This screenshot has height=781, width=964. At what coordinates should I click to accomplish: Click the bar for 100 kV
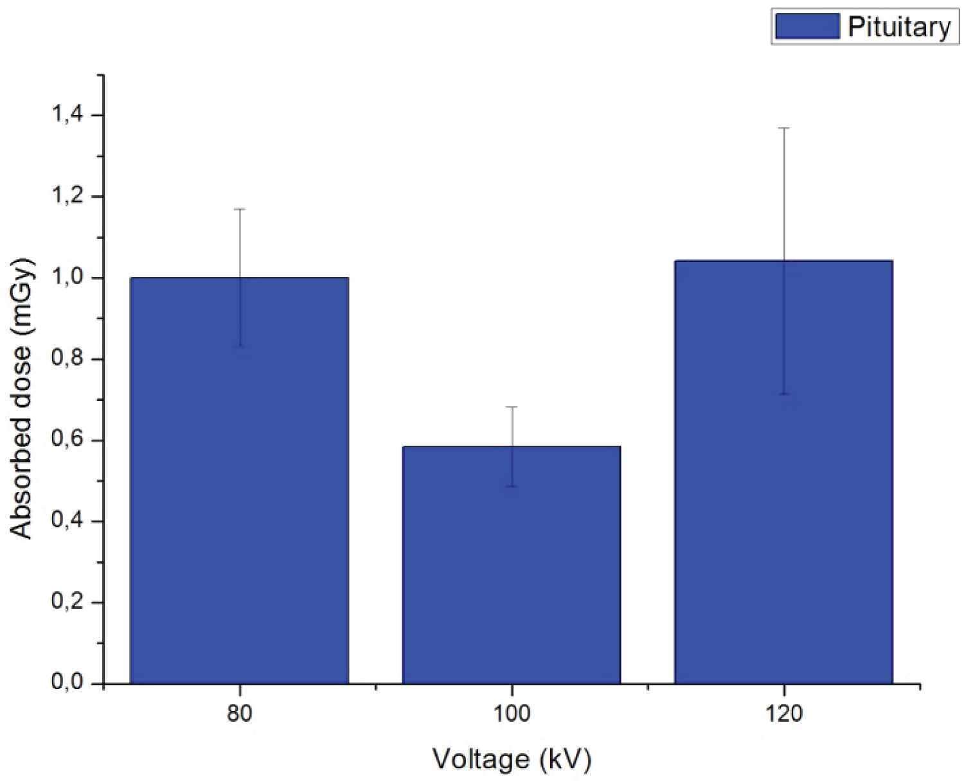coord(512,565)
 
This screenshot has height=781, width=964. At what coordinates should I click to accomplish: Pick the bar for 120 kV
coord(783,472)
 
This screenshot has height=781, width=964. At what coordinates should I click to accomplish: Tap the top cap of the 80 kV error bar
coord(240,209)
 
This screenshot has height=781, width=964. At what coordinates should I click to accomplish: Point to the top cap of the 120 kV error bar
coord(783,128)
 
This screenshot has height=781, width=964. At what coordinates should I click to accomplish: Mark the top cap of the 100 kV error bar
coord(512,407)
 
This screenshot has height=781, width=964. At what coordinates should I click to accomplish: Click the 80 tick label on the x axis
coord(240,714)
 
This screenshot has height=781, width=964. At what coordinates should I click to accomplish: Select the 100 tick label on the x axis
coord(512,714)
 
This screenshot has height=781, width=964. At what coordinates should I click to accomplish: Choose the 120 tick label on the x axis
coord(784,714)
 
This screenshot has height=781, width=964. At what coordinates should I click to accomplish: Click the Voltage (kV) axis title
coord(512,759)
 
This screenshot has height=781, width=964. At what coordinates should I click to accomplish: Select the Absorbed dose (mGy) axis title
coord(22,398)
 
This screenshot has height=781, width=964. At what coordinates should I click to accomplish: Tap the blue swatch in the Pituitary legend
coord(807,26)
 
